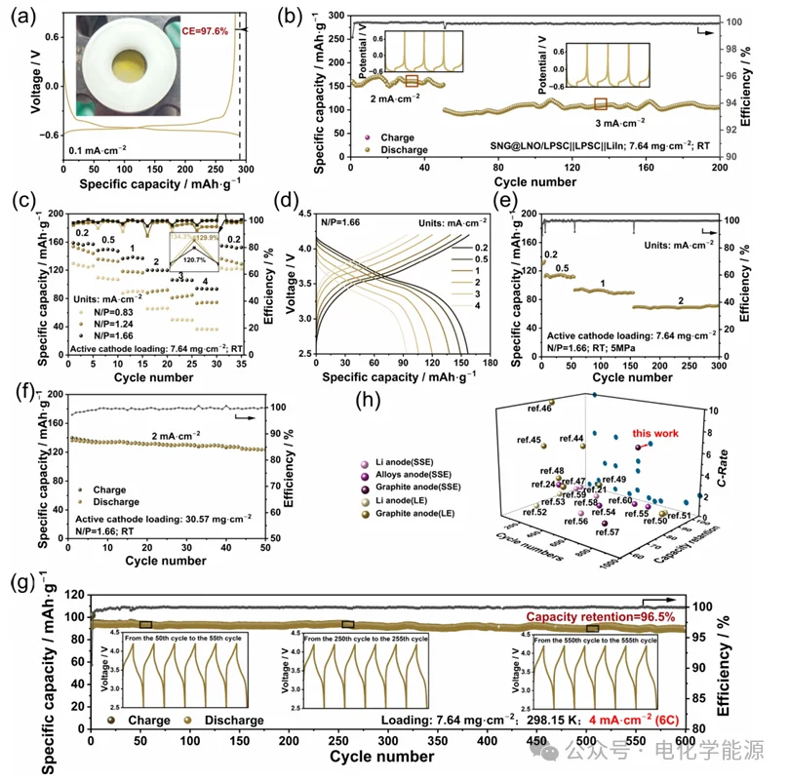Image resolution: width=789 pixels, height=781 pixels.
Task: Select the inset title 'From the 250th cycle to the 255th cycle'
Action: [365, 639]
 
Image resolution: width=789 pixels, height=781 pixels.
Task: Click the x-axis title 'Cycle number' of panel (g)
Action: [382, 756]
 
